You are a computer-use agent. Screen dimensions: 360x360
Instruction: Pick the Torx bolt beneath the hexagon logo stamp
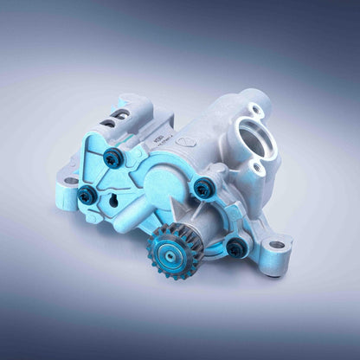(x=202, y=185)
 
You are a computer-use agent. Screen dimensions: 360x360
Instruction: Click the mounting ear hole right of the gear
(x=276, y=246)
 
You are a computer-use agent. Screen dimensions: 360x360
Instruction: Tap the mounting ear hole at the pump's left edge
(x=69, y=181)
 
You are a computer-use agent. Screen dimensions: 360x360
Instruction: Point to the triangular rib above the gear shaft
(x=178, y=211)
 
